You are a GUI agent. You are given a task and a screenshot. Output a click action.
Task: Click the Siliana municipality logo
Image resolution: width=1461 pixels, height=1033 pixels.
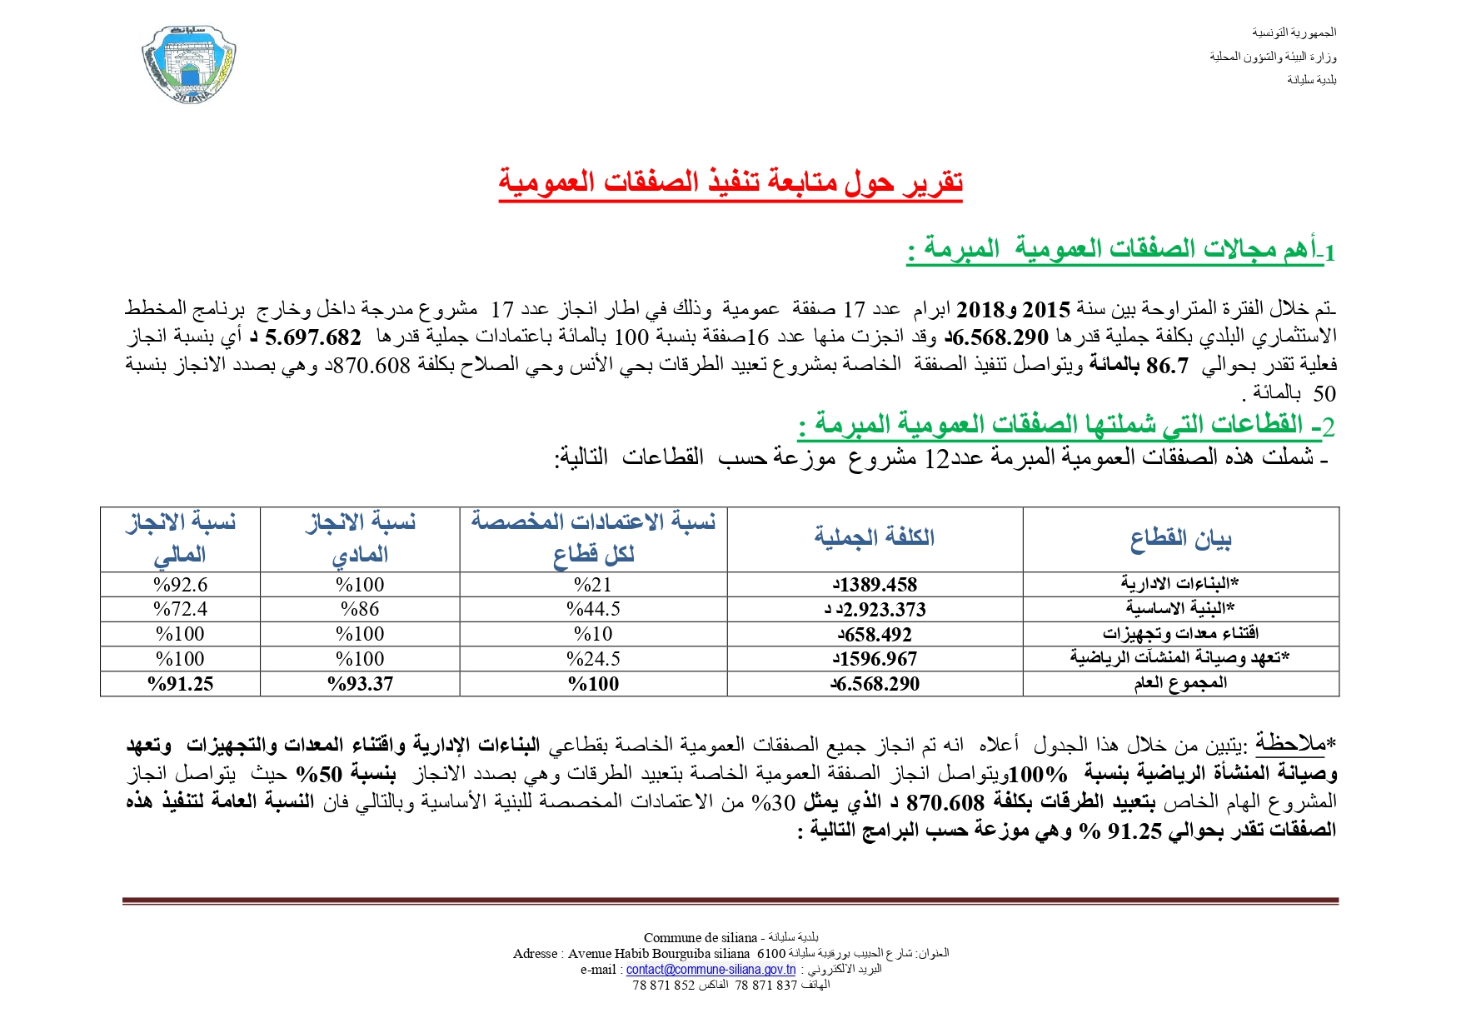pyautogui.click(x=189, y=64)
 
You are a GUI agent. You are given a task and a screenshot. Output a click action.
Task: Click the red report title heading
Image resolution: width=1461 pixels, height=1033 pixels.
pyautogui.click(x=730, y=181)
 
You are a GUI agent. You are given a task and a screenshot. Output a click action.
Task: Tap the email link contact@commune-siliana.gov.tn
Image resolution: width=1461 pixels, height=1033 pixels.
pyautogui.click(x=711, y=969)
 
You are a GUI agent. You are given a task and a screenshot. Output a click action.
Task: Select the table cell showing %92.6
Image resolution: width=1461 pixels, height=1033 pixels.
pyautogui.click(x=181, y=585)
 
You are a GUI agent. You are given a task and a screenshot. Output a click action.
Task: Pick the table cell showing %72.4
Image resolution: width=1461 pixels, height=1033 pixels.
pyautogui.click(x=181, y=610)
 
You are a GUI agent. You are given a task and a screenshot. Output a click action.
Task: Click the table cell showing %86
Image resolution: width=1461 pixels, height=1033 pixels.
pyautogui.click(x=360, y=610)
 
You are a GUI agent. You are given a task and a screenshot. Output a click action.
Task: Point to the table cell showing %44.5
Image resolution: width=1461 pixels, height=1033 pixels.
pyautogui.click(x=593, y=610)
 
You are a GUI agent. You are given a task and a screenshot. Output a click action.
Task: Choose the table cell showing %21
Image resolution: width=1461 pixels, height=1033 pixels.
pyautogui.click(x=593, y=585)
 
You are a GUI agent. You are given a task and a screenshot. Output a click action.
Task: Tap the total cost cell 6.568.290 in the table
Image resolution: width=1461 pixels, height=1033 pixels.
pyautogui.click(x=875, y=684)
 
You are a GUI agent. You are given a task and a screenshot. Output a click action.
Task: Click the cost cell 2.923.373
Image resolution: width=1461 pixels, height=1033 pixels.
pyautogui.click(x=875, y=610)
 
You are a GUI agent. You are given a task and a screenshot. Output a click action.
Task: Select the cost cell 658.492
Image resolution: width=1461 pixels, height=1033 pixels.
pyautogui.click(x=875, y=635)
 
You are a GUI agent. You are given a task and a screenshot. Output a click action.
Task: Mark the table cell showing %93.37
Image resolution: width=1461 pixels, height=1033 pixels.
pyautogui.click(x=360, y=684)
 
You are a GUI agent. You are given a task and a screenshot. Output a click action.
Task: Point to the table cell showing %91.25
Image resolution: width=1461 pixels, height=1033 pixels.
pyautogui.click(x=181, y=684)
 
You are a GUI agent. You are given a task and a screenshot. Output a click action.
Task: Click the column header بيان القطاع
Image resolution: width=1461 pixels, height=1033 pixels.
pyautogui.click(x=1180, y=538)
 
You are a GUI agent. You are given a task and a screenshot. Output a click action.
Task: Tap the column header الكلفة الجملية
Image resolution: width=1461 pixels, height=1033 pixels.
pyautogui.click(x=875, y=538)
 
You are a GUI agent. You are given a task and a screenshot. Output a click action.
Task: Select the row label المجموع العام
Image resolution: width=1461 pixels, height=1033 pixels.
pyautogui.click(x=1180, y=684)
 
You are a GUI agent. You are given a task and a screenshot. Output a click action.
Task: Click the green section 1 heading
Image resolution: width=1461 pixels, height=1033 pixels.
pyautogui.click(x=1120, y=249)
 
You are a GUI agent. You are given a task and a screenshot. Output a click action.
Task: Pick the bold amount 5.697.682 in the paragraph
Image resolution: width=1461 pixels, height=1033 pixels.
pyautogui.click(x=313, y=337)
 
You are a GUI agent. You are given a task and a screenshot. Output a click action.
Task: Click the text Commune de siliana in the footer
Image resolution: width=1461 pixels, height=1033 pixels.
pyautogui.click(x=701, y=937)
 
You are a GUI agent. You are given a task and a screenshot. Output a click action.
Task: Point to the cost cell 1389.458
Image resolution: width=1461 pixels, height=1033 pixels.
pyautogui.click(x=875, y=585)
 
